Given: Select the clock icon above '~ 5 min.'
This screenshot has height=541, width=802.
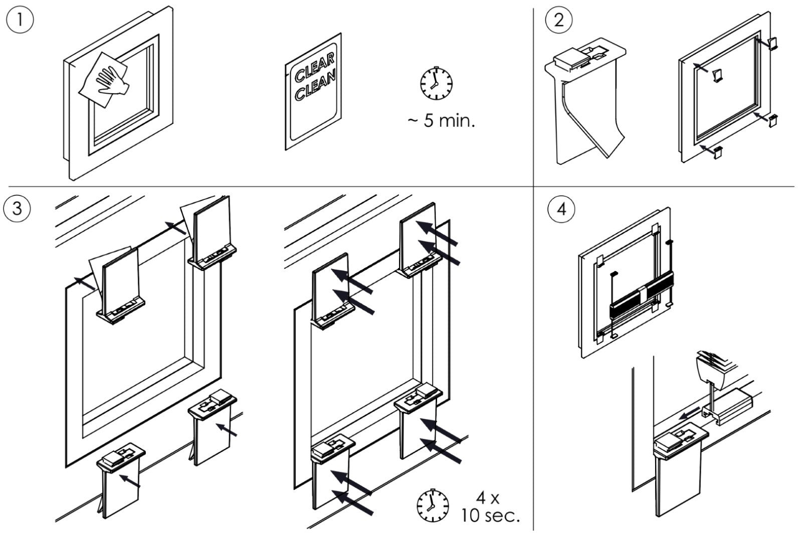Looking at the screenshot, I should (x=436, y=83).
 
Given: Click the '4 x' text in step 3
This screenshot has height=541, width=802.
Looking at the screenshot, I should (x=487, y=497).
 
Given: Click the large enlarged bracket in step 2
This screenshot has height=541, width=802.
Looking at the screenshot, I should (x=586, y=100).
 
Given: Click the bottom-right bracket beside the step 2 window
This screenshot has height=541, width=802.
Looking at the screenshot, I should (x=775, y=120).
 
